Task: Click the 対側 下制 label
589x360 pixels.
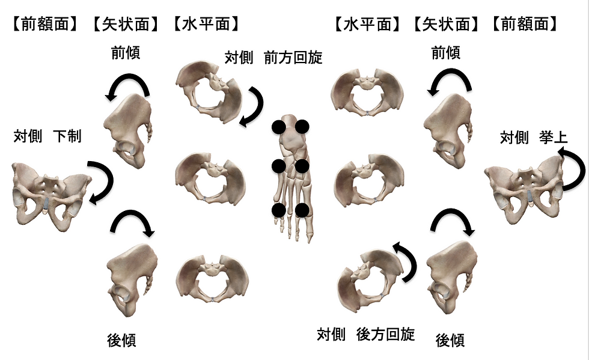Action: point(47,136)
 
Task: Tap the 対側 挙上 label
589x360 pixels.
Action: point(533,138)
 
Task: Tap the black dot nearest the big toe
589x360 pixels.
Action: point(302,210)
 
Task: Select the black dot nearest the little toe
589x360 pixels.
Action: point(278,210)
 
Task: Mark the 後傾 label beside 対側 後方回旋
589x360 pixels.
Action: point(450,340)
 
